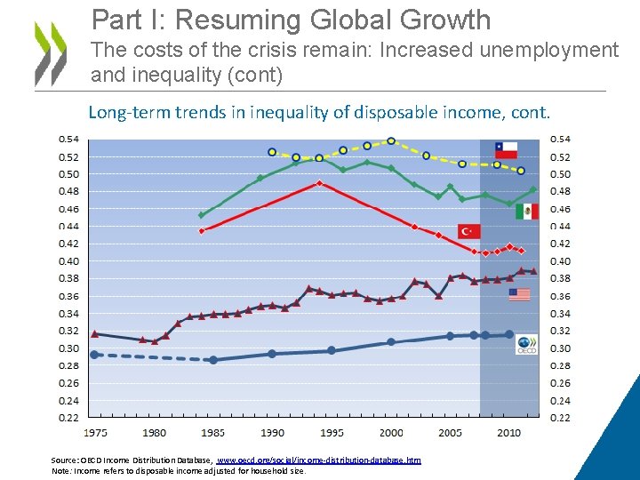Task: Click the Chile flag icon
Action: point(505,149)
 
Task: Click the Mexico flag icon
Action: point(526,211)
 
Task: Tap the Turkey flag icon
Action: point(468,231)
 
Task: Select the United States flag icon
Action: point(519,294)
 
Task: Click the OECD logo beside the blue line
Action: point(526,344)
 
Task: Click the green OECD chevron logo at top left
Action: point(50,53)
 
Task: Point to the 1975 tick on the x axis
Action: point(95,432)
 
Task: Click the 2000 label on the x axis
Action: point(391,432)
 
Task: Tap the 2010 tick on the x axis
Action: point(508,432)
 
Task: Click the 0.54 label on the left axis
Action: point(68,139)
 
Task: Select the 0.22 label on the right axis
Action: point(561,417)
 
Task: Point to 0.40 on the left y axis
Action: point(68,261)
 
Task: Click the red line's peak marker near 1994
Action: point(319,183)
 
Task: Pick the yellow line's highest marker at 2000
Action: point(391,140)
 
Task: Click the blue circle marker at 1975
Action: point(95,355)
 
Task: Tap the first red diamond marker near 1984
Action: point(202,230)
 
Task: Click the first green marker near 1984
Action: point(201,215)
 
